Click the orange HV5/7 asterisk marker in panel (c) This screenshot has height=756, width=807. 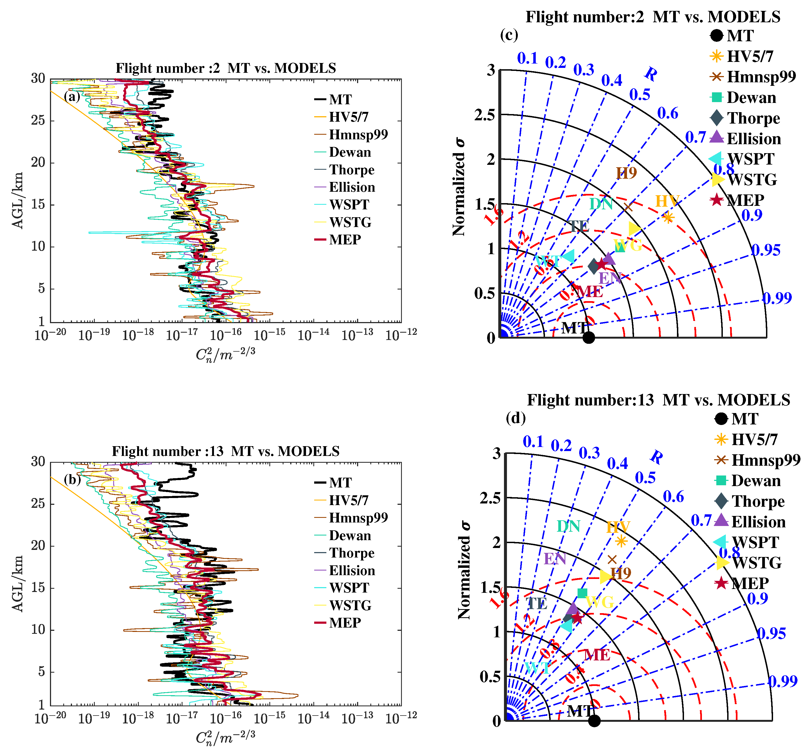pyautogui.click(x=668, y=218)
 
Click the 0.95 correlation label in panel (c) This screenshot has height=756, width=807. pyautogui.click(x=766, y=250)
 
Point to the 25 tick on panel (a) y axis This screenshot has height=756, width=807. pyautogui.click(x=38, y=120)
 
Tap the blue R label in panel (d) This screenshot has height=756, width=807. pyautogui.click(x=656, y=457)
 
